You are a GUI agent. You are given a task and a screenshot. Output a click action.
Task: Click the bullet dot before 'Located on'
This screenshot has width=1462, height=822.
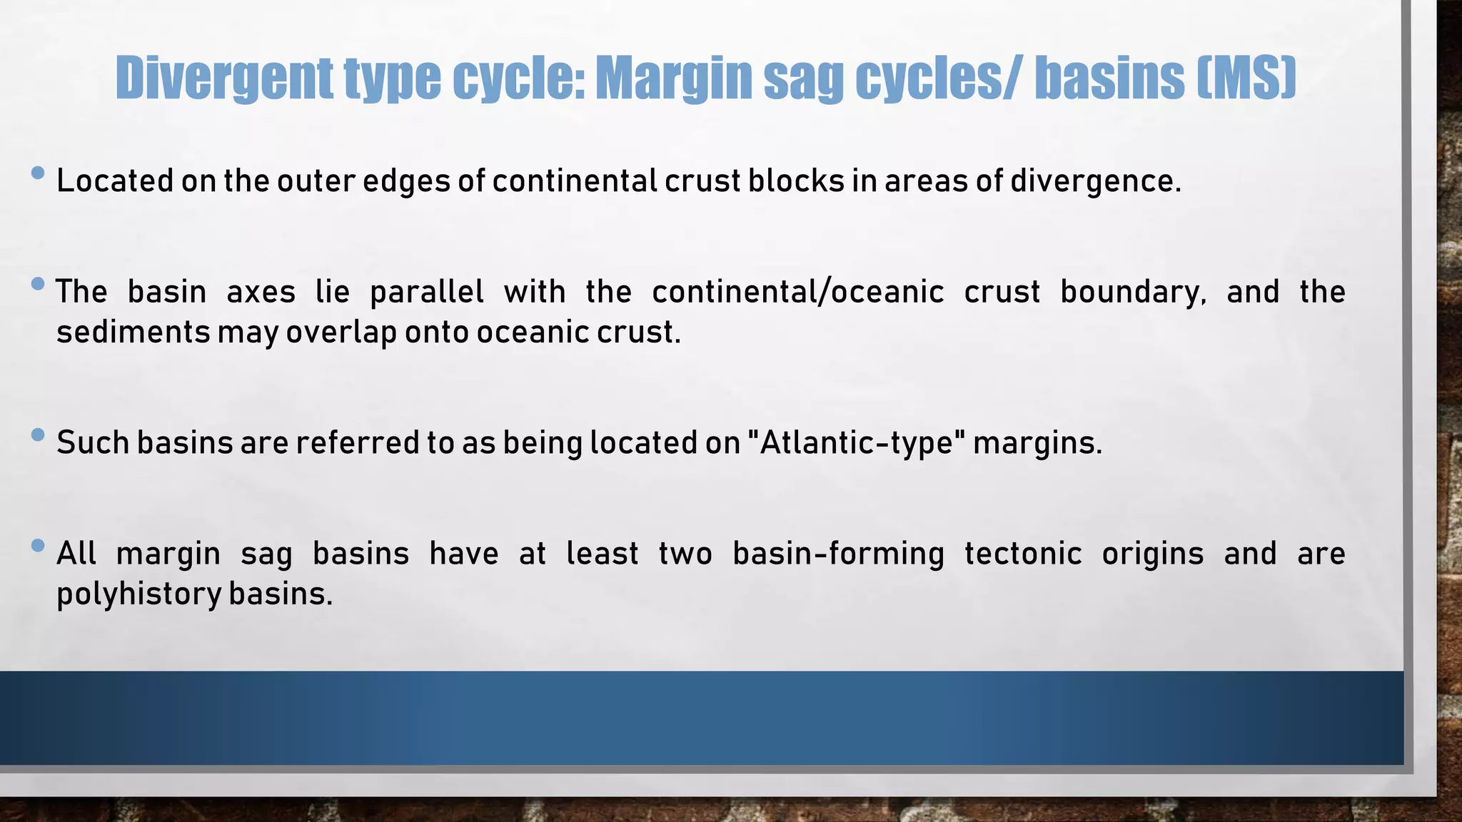point(39,173)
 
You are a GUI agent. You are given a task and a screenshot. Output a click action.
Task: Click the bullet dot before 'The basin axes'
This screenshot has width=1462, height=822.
point(39,284)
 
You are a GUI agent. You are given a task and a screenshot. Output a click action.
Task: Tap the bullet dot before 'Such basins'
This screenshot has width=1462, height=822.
point(39,435)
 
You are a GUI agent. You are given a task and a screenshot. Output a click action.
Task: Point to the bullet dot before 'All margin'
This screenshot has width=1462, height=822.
point(39,546)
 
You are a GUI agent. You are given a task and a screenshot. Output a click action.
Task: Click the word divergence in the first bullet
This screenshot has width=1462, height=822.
point(1095,181)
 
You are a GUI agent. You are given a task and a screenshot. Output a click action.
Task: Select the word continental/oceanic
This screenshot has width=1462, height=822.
point(797,293)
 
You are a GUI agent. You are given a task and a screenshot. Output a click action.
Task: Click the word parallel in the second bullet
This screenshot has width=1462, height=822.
point(427,293)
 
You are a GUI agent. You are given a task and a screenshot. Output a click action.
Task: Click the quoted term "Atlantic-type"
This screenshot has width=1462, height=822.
point(856,443)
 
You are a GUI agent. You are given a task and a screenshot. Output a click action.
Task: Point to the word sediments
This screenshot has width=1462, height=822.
point(133,333)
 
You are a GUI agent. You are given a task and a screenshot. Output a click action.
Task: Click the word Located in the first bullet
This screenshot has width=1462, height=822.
point(115,181)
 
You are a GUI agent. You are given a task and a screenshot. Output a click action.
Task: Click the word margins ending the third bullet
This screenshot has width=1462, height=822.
point(1037,443)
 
